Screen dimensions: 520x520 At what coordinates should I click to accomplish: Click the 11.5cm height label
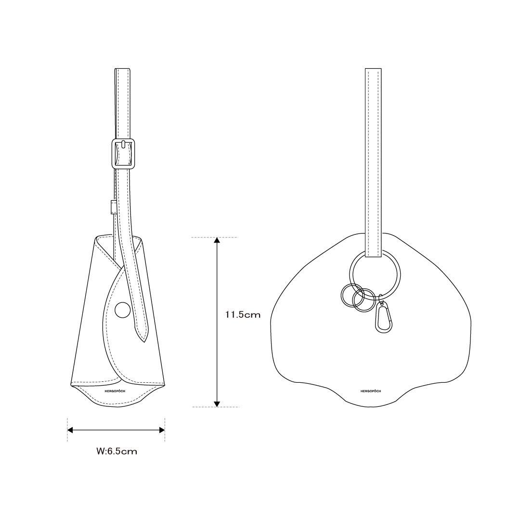[243, 314]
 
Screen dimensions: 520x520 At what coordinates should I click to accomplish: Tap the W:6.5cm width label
[117, 451]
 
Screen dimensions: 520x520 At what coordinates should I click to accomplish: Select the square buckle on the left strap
[123, 154]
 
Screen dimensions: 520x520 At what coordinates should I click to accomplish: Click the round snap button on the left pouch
[123, 310]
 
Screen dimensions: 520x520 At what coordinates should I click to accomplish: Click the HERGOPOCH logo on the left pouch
[115, 391]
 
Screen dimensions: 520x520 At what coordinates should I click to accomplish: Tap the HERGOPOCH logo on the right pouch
[371, 391]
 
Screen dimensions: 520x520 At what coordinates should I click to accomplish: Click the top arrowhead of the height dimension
[217, 240]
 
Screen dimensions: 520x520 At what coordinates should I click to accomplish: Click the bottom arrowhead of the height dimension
[217, 403]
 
